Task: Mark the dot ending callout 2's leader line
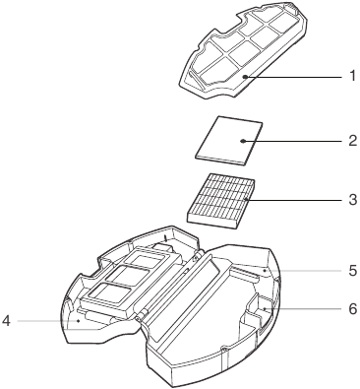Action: click(x=244, y=141)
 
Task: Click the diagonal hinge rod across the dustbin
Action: click(x=173, y=286)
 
